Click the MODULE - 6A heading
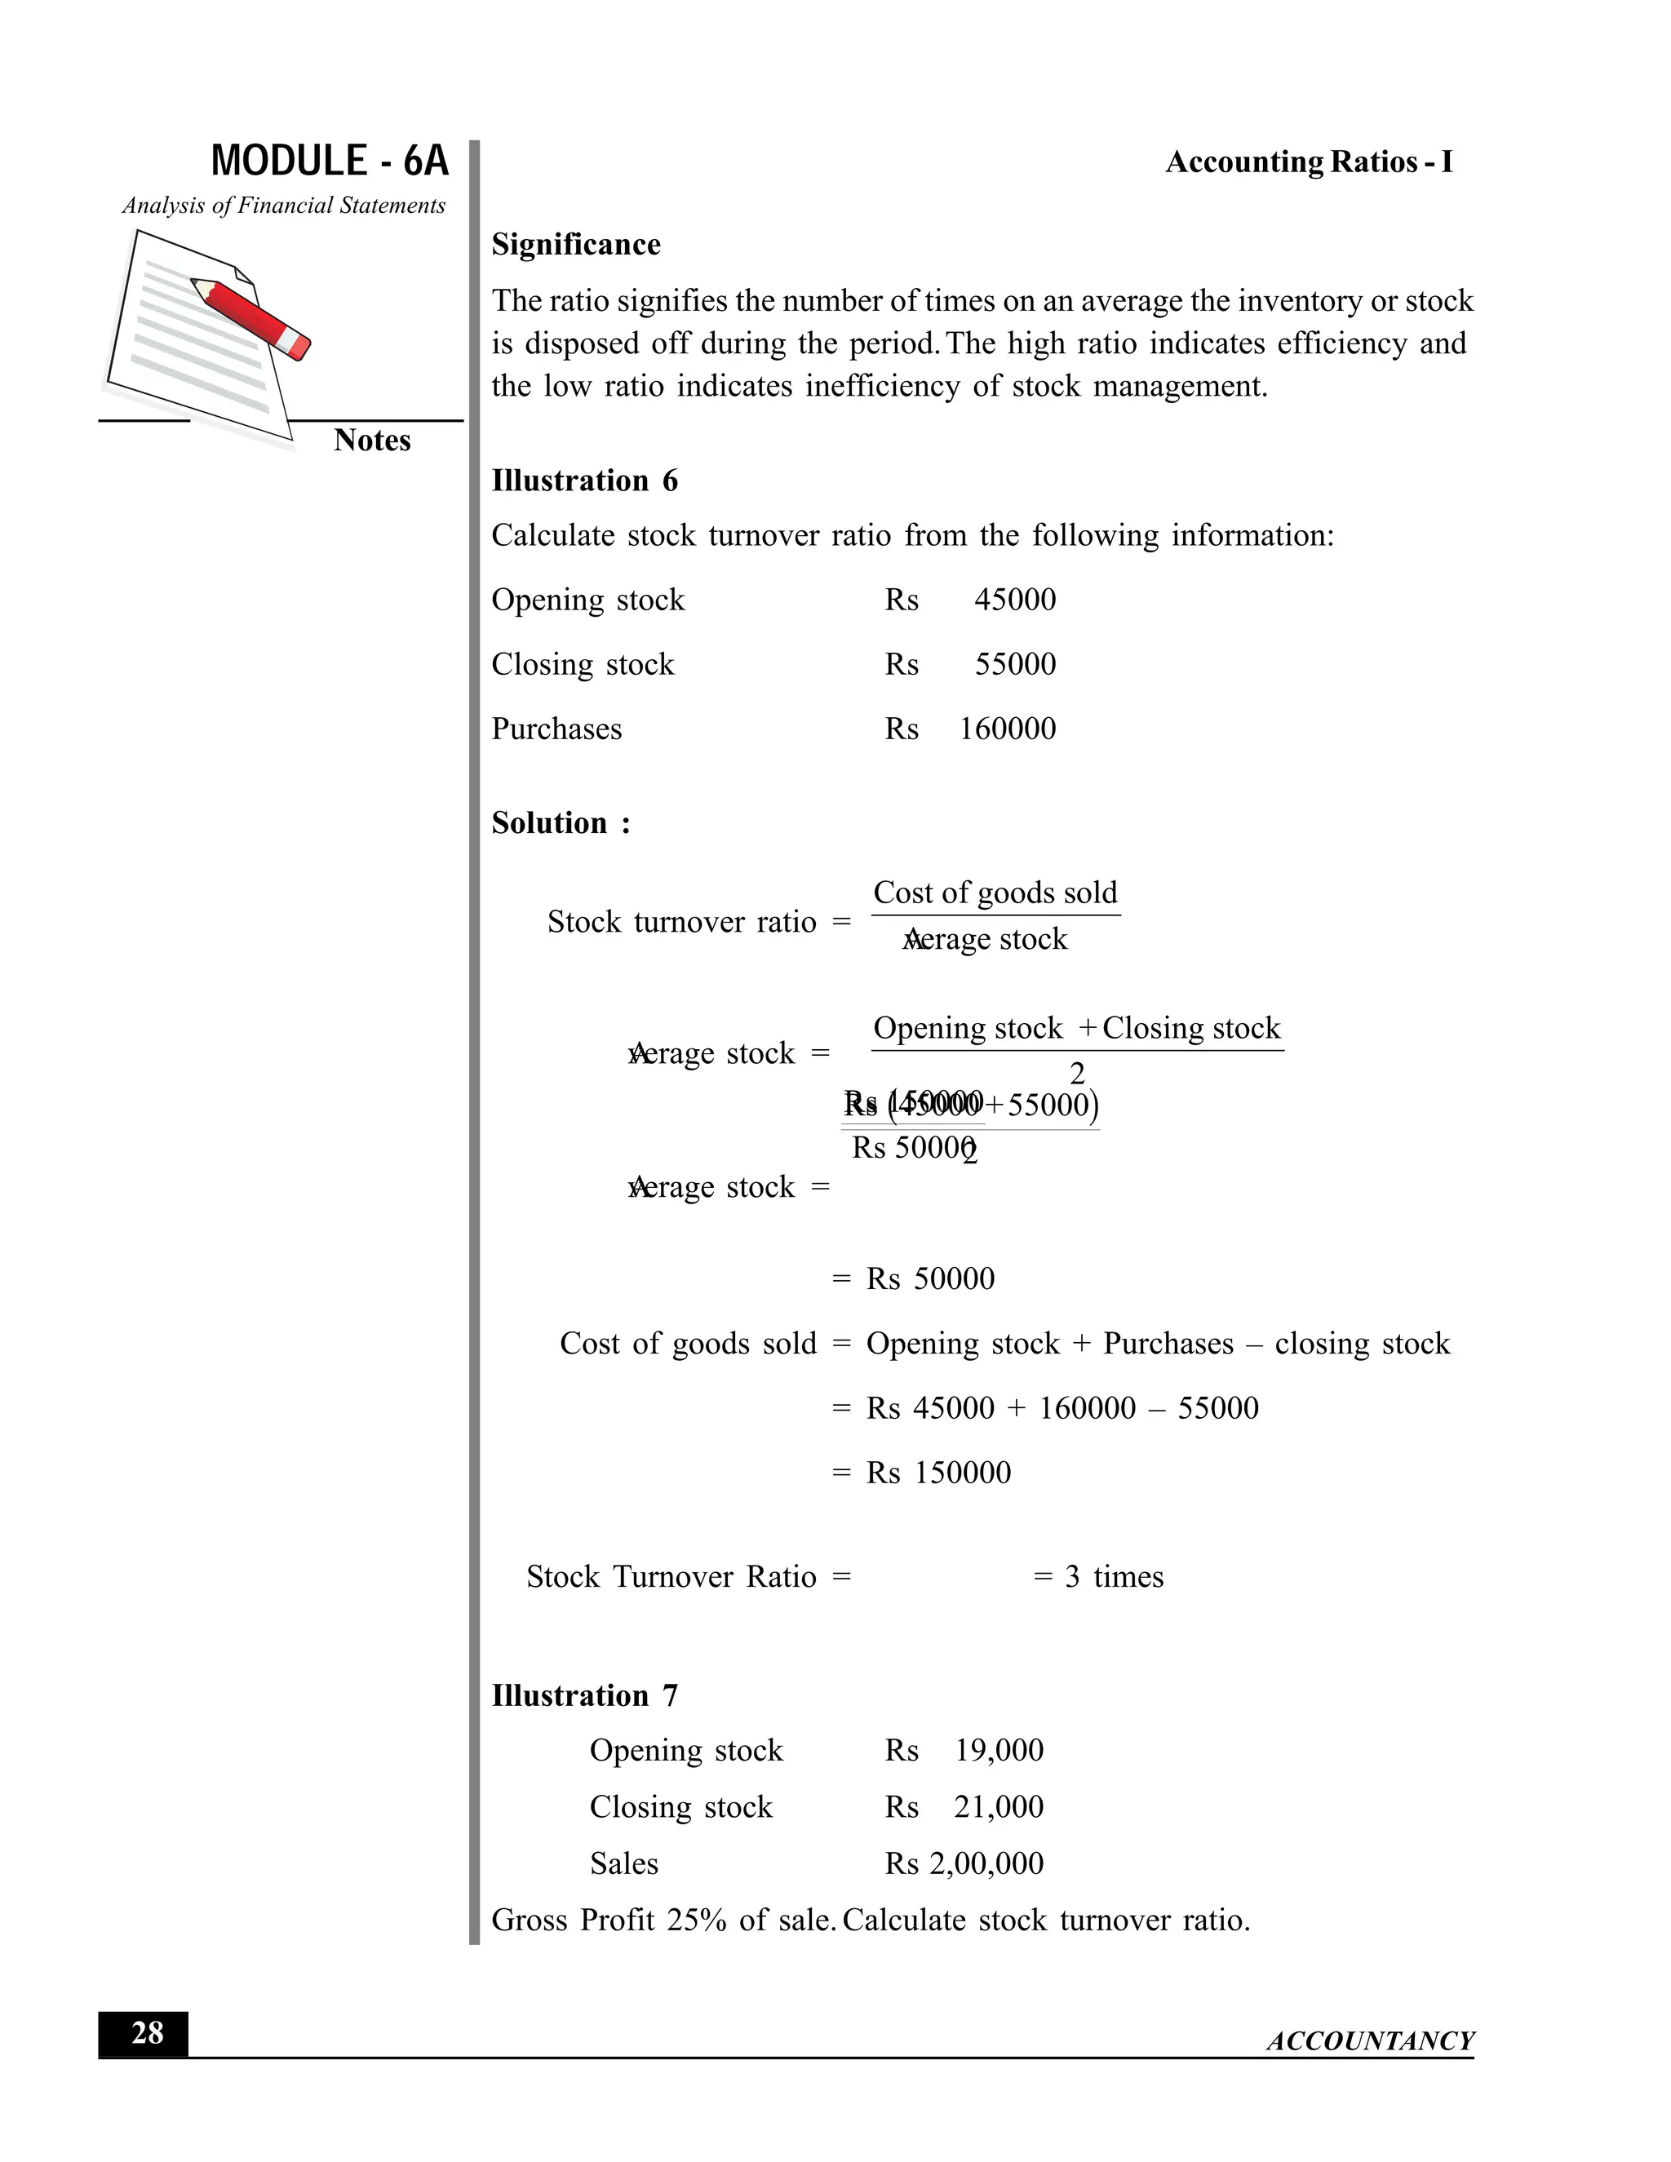[330, 162]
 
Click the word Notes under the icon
[371, 441]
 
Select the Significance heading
[576, 245]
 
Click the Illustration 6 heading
[584, 481]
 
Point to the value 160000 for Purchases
[1007, 729]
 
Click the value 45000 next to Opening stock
[1015, 600]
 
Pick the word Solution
[549, 824]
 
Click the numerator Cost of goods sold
[995, 893]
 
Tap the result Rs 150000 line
[937, 1473]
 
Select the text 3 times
[1114, 1577]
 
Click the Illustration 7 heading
[584, 1696]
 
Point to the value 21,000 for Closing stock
[998, 1806]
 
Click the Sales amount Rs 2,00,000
[964, 1863]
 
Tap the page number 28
[147, 2032]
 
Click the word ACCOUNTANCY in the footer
[1370, 2041]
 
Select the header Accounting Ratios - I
[1309, 162]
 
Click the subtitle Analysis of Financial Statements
[284, 206]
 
